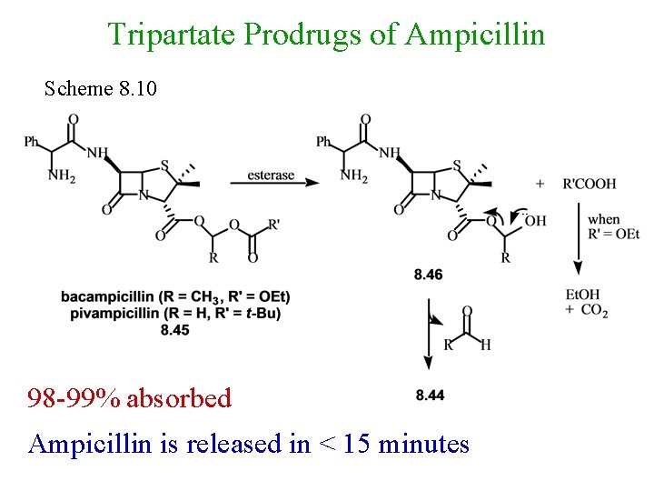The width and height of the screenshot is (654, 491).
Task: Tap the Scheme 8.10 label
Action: [101, 89]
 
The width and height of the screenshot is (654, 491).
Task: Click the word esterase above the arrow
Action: [270, 175]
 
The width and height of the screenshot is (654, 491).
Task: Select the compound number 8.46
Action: [428, 275]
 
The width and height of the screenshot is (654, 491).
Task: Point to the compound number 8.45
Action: [174, 329]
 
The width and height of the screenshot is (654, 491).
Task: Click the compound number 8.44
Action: [430, 395]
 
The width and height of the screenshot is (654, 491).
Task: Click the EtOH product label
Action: [582, 296]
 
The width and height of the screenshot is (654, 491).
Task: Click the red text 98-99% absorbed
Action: [129, 397]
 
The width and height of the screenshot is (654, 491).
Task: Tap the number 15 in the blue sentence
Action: [356, 444]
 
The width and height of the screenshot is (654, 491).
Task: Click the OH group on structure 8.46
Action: [535, 219]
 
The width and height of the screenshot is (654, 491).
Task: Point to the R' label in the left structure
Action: [274, 224]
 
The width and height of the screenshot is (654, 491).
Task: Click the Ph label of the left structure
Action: [32, 142]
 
